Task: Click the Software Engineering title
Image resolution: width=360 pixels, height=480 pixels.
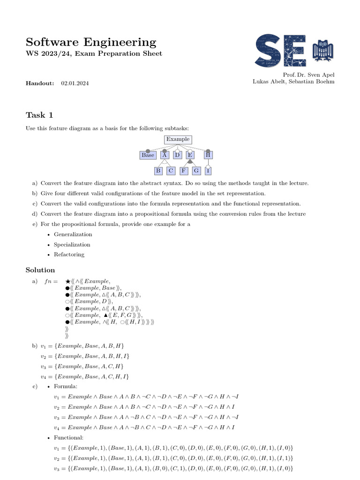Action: (x=91, y=42)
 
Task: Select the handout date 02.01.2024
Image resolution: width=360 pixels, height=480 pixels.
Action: (x=75, y=83)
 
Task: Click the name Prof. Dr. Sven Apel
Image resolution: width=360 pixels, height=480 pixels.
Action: (x=309, y=75)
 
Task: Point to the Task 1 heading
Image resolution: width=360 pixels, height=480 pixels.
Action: (x=42, y=115)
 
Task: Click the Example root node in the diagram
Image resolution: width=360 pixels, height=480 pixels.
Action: (x=178, y=139)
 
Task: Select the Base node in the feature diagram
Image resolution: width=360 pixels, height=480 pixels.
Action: (x=148, y=155)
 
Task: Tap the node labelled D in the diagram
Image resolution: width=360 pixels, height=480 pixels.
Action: (x=177, y=155)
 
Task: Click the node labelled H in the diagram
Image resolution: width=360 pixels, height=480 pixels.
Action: (x=208, y=155)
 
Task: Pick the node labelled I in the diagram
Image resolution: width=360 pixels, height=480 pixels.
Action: (x=208, y=171)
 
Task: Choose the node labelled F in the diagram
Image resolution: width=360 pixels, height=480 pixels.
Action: (x=184, y=171)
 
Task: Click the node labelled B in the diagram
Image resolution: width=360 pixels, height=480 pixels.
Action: (x=158, y=171)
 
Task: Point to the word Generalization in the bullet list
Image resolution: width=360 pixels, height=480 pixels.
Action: (x=73, y=234)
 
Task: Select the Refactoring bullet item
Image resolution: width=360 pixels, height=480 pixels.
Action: (x=69, y=255)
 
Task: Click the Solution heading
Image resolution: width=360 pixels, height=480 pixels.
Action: (x=40, y=270)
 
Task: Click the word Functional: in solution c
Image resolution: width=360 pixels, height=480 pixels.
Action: (x=69, y=438)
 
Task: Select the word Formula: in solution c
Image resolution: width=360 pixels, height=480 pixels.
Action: (x=66, y=387)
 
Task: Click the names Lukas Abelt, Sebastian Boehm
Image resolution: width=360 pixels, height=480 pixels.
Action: (x=293, y=82)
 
